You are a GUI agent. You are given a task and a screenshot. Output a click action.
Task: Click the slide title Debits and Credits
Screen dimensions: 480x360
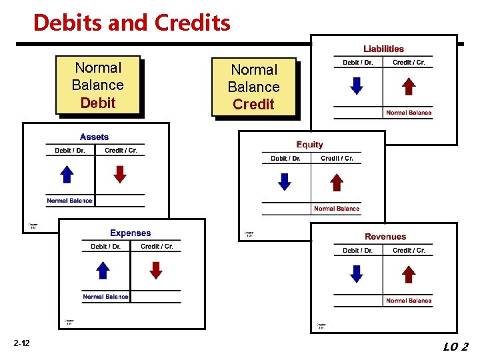pos(131,23)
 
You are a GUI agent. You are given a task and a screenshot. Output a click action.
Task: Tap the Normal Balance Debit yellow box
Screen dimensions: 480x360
pos(98,85)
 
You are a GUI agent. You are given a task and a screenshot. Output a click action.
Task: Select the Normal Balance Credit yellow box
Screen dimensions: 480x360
pos(253,87)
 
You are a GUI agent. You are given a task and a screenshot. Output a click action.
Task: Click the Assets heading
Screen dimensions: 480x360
pos(94,137)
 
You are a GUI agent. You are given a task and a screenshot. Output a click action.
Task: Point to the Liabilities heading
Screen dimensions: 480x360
pos(383,49)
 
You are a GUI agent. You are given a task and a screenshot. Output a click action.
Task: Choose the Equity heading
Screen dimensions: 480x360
pos(309,145)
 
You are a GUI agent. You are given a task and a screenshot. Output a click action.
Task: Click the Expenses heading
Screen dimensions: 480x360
pos(131,233)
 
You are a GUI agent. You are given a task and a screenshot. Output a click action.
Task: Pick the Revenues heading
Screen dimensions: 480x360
pos(385,237)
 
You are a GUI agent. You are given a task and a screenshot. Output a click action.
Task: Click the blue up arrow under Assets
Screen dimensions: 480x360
pos(67,174)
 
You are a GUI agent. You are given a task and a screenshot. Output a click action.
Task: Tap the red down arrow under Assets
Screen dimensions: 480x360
pos(119,174)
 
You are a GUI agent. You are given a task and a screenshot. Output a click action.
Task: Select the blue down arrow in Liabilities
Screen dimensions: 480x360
pos(357,86)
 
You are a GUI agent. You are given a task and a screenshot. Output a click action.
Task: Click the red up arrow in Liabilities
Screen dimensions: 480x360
pos(409,86)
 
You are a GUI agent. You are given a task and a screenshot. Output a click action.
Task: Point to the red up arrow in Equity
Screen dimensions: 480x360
pos(337,182)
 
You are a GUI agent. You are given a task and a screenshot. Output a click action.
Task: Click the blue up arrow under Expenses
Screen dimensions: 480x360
pos(103,270)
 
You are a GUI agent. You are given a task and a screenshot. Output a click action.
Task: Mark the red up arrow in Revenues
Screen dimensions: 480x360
pos(409,274)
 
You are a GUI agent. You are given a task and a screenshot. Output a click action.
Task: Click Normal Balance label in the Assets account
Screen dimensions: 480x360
pos(69,201)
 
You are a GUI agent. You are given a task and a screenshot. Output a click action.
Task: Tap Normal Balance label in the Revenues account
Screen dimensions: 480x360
pos(409,301)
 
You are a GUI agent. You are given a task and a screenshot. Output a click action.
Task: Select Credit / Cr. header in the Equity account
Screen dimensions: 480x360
pos(337,159)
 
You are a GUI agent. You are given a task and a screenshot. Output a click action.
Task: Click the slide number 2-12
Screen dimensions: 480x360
pos(21,344)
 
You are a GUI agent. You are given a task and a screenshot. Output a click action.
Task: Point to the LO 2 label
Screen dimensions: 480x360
pos(456,346)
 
